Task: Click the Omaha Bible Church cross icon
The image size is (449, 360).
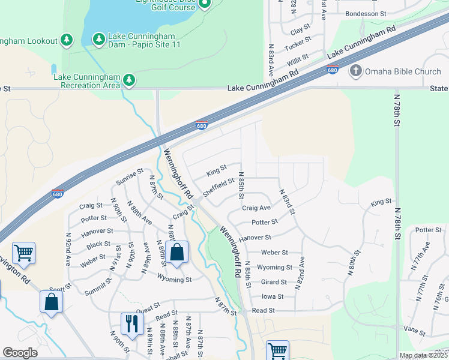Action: (355, 71)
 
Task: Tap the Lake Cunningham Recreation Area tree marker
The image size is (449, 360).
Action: (128, 80)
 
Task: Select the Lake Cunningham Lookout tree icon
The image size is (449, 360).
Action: (67, 40)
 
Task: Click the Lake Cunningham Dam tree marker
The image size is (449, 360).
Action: (98, 39)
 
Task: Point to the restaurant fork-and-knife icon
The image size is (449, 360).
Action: (130, 323)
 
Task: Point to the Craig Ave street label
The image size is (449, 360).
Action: (256, 208)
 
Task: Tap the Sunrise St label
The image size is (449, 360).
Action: (130, 175)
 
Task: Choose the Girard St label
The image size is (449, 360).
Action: (274, 282)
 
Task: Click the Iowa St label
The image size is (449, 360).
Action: (273, 296)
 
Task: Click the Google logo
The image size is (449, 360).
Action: (20, 353)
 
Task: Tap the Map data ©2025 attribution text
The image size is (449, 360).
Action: (423, 355)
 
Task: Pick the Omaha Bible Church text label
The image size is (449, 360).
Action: (403, 72)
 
